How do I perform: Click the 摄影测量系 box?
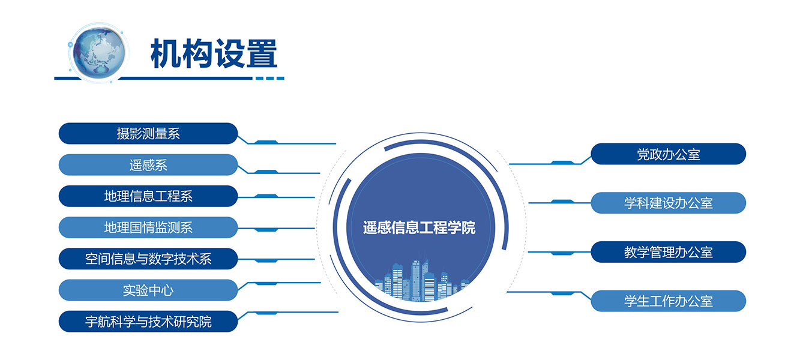(x=148, y=133)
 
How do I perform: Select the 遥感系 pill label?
(x=148, y=165)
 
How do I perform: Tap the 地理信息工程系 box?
(x=148, y=196)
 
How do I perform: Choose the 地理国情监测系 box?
(x=148, y=227)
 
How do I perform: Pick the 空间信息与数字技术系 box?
(x=148, y=259)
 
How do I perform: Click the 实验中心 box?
(x=148, y=290)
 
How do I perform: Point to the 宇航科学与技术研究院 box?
(x=148, y=321)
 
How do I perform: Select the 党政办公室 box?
(x=668, y=154)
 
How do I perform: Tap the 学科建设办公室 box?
(x=668, y=203)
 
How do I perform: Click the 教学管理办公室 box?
(x=668, y=252)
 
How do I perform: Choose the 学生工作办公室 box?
(x=668, y=301)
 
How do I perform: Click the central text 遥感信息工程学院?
(x=419, y=227)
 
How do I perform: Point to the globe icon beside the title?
(x=98, y=53)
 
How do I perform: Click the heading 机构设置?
(x=214, y=53)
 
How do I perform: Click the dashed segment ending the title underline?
(x=270, y=78)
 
